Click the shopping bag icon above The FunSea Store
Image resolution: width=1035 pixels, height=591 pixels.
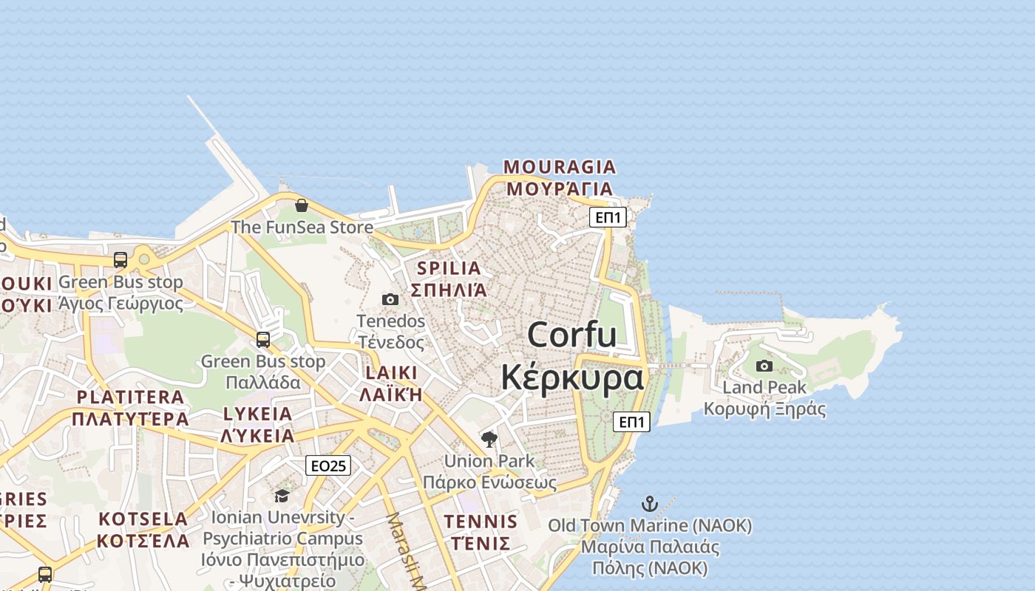302,205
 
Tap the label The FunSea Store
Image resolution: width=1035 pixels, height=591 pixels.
302,228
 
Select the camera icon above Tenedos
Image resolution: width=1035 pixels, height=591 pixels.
390,299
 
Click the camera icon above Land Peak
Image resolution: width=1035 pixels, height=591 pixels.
764,366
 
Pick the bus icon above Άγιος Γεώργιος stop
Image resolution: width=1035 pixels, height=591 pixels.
121,260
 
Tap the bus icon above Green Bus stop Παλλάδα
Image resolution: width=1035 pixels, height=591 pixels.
263,340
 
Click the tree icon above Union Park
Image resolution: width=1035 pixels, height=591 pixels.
489,440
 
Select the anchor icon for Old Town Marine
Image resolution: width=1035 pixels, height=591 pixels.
649,505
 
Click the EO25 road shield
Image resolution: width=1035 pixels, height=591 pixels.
328,465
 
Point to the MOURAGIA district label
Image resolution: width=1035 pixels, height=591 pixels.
560,167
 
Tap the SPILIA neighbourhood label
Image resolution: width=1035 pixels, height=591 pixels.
449,268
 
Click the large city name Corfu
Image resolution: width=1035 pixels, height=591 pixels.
572,335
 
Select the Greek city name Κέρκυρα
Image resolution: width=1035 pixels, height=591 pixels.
572,378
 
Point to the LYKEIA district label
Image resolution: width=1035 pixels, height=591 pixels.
257,414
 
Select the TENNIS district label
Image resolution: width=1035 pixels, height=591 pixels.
481,522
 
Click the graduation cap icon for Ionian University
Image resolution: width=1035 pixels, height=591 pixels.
282,495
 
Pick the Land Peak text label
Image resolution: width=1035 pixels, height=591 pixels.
764,387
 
